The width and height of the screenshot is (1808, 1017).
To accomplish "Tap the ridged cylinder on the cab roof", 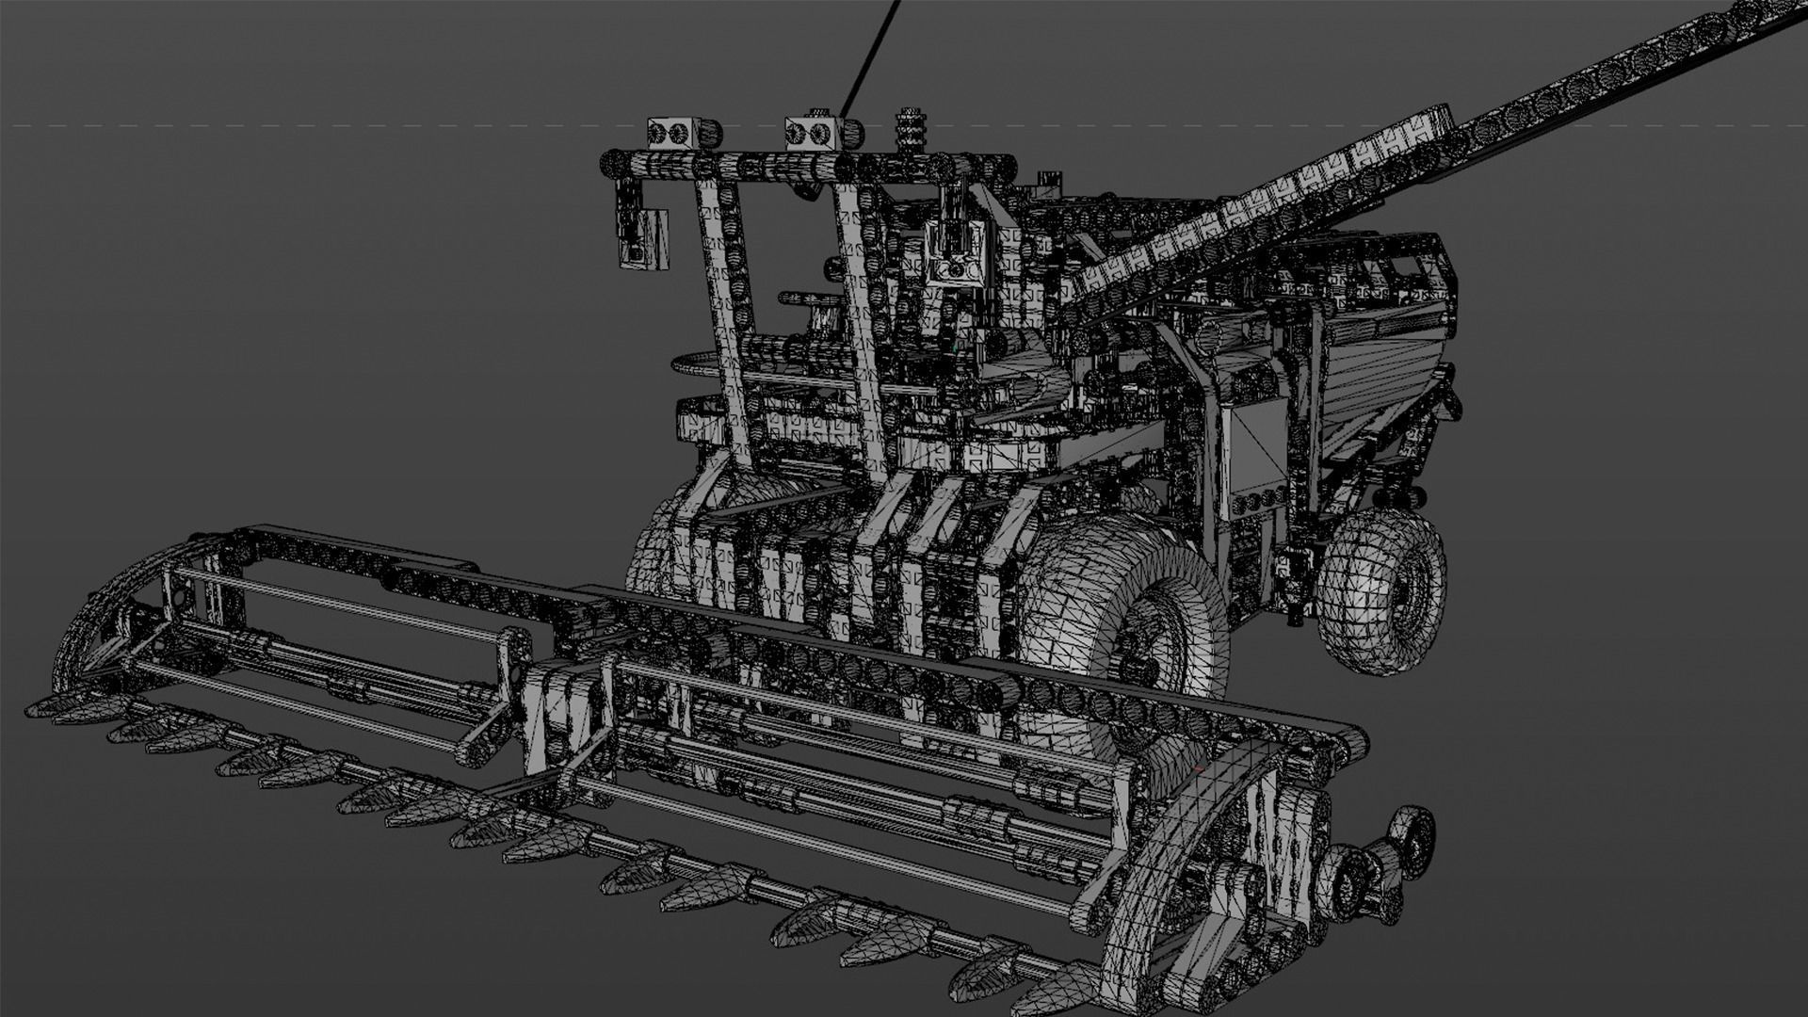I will coord(910,130).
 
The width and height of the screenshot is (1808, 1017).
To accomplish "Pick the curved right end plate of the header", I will coord(1177,847).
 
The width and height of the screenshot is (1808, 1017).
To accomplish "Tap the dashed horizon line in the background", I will coord(282,124).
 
